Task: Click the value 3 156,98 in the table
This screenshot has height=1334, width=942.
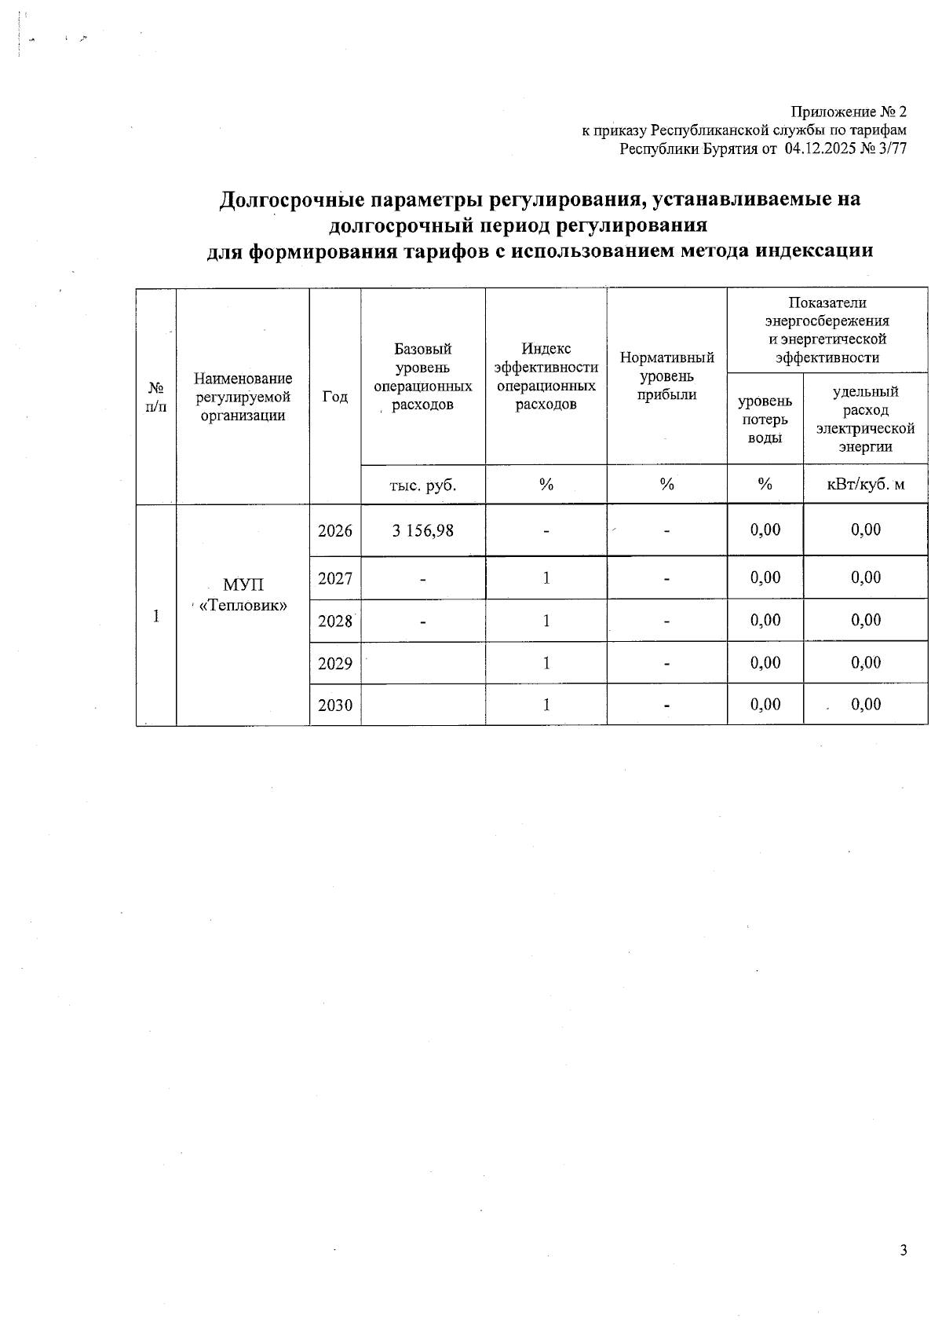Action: click(x=422, y=530)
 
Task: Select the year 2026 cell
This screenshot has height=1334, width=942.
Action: click(x=335, y=530)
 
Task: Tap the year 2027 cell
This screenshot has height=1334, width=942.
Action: click(x=335, y=578)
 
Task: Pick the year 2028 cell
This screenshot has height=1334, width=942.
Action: click(x=335, y=621)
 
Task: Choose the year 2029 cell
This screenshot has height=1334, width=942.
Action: click(x=335, y=663)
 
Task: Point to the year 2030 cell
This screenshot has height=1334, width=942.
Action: click(x=335, y=705)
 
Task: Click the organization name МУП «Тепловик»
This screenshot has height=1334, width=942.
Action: click(x=243, y=595)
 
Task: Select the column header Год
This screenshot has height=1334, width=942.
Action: click(x=335, y=397)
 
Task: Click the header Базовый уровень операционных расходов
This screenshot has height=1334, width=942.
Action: click(x=422, y=376)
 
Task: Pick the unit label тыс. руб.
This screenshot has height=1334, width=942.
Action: click(x=422, y=485)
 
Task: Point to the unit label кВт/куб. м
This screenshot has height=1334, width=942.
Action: click(x=866, y=484)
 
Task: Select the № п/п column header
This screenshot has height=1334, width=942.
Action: click(x=157, y=397)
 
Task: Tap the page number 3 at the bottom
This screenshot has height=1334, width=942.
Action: click(x=904, y=1250)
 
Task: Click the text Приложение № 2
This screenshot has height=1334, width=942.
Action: click(x=848, y=112)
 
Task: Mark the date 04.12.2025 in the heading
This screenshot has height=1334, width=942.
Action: click(x=823, y=149)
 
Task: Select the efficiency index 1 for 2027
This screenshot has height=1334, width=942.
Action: click(x=546, y=578)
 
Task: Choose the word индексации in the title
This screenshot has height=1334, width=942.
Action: click(x=813, y=251)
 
